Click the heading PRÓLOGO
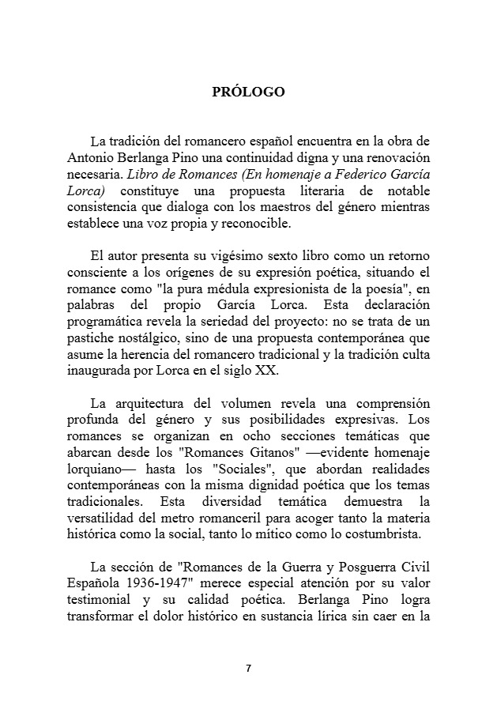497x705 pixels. point(248,92)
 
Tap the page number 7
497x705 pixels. point(248,668)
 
